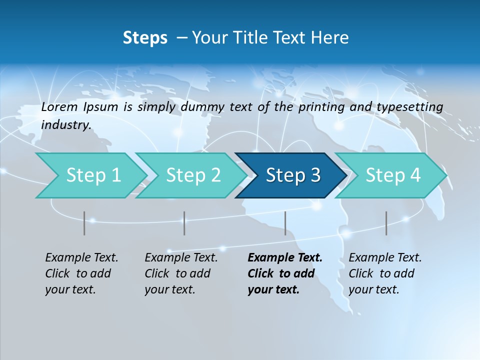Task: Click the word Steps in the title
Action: click(145, 38)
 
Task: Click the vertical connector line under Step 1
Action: click(84, 223)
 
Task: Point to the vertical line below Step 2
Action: click(184, 223)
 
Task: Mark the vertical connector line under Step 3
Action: click(285, 223)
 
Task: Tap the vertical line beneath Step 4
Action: click(386, 223)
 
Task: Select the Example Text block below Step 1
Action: click(81, 273)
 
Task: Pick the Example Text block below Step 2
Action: click(181, 273)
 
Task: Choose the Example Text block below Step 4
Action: click(385, 273)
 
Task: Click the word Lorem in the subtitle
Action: click(59, 107)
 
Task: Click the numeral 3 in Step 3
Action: click(315, 175)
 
